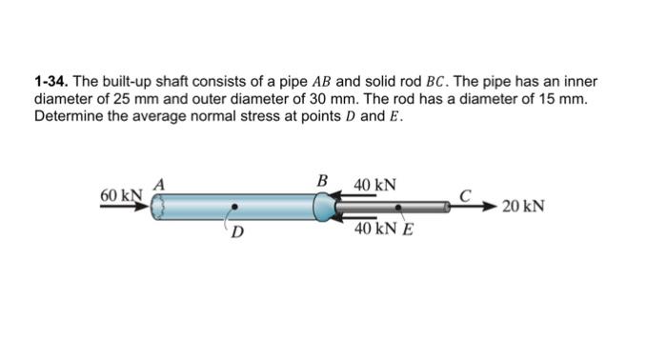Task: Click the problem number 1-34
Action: (51, 83)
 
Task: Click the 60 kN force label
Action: (120, 195)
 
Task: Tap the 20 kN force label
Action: (523, 206)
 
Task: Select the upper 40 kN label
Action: (375, 183)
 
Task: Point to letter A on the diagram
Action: (160, 184)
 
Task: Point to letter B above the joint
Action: (322, 180)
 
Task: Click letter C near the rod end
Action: (465, 194)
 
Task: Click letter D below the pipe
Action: (236, 231)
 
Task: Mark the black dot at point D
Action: (234, 206)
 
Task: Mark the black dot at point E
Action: (399, 206)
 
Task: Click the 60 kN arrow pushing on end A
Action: (124, 206)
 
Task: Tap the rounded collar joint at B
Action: (324, 206)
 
